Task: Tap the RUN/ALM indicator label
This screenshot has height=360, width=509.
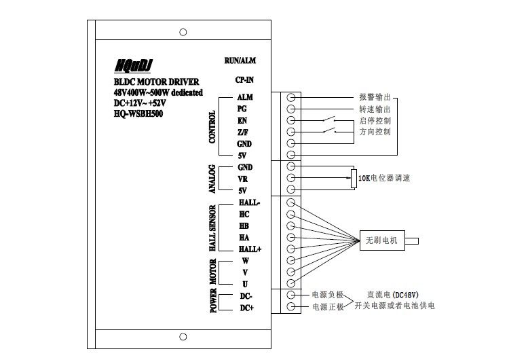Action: (x=240, y=60)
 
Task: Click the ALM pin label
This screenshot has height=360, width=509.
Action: (x=245, y=97)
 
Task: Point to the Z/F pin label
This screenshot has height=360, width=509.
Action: (x=242, y=132)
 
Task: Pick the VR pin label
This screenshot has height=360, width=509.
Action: (x=243, y=179)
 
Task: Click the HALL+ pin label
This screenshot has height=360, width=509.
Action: (x=250, y=249)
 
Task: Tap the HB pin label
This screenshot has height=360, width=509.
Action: (x=244, y=226)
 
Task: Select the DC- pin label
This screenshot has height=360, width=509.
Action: (x=246, y=296)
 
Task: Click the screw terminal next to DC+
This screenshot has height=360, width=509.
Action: (x=292, y=307)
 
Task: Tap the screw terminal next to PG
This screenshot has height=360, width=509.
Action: (x=292, y=109)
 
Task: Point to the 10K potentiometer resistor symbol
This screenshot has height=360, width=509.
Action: (x=353, y=178)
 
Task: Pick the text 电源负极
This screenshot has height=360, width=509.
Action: (x=328, y=295)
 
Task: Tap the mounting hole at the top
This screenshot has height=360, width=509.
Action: (x=183, y=32)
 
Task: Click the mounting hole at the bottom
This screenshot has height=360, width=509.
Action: (x=183, y=337)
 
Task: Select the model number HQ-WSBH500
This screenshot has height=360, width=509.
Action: (x=138, y=113)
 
